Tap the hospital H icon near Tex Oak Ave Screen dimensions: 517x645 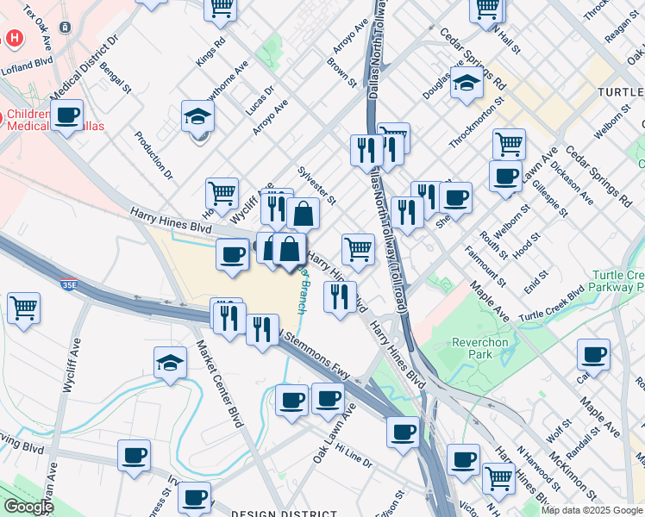(15, 38)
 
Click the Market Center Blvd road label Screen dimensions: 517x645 (219, 380)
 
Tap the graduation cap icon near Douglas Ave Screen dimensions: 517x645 (467, 84)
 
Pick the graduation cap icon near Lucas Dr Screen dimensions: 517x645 (197, 118)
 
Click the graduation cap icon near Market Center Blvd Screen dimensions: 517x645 (170, 363)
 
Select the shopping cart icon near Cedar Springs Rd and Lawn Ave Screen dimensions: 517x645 (509, 144)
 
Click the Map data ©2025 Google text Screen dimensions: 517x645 (592, 510)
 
